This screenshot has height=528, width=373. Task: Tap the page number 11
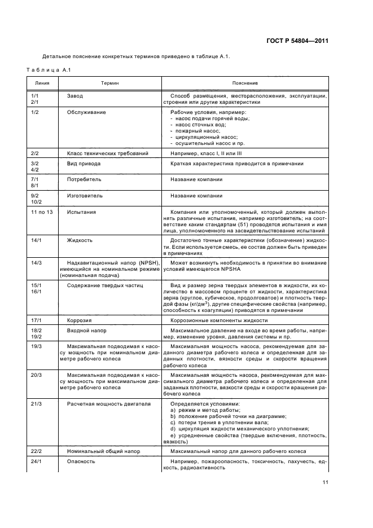pyautogui.click(x=326, y=482)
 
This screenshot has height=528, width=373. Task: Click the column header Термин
pyautogui.click(x=110, y=83)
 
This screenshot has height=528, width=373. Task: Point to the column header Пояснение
pyautogui.click(x=245, y=83)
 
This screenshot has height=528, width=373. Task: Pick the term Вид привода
pyautogui.click(x=84, y=164)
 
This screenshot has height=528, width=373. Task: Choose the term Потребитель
pyautogui.click(x=84, y=179)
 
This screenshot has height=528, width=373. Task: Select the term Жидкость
pyautogui.click(x=80, y=240)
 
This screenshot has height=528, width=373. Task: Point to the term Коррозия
pyautogui.click(x=80, y=320)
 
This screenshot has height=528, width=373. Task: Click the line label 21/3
pyautogui.click(x=35, y=404)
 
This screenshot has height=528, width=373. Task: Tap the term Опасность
pyautogui.click(x=81, y=461)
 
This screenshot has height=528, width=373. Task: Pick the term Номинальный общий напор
pyautogui.click(x=100, y=451)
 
